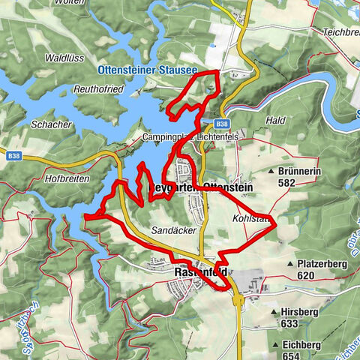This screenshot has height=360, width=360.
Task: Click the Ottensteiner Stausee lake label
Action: click(x=146, y=70)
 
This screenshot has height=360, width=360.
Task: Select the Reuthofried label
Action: click(x=99, y=88)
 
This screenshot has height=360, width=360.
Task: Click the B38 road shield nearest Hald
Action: click(x=220, y=124)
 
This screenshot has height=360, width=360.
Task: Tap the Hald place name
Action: click(x=275, y=120)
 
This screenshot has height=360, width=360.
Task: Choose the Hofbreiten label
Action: click(x=67, y=178)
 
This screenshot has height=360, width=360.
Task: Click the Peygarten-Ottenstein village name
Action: click(x=201, y=187)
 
